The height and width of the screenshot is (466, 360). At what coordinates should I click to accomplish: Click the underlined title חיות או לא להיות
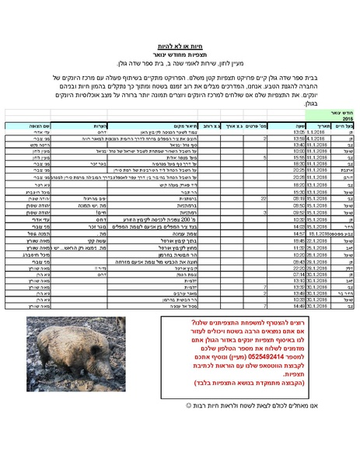(180, 47)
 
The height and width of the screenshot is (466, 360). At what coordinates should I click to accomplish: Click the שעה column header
(300, 124)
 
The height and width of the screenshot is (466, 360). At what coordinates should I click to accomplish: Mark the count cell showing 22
(264, 198)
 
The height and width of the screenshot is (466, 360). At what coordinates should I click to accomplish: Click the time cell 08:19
(299, 198)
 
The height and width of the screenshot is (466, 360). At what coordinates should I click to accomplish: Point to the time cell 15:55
(299, 156)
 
